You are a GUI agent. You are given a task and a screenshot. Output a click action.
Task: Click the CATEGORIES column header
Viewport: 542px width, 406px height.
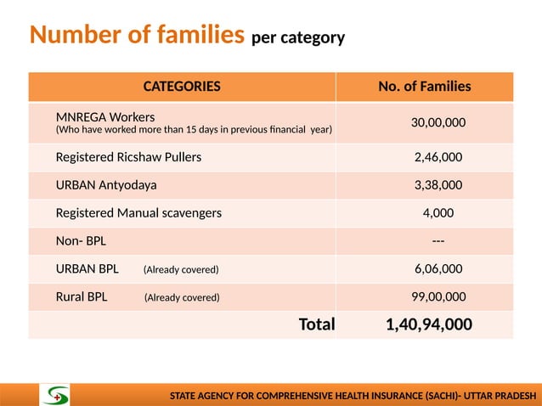click(182, 87)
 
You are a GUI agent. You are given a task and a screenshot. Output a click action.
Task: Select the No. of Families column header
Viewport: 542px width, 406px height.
click(425, 87)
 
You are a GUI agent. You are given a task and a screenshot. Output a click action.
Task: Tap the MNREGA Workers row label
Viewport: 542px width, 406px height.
click(105, 116)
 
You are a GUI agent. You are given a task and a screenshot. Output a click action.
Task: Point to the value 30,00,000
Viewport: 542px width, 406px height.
click(438, 123)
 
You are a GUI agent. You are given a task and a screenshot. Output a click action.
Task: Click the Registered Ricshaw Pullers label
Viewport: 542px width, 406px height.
click(128, 157)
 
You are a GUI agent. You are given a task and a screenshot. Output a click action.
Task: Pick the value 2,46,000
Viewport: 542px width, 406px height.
click(438, 157)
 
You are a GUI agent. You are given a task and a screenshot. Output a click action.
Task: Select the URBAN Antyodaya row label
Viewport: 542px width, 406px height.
click(106, 184)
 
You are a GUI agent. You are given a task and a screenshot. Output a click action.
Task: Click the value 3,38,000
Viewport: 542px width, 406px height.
click(438, 184)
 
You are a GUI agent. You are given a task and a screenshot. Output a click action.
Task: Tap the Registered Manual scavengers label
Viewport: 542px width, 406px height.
click(138, 213)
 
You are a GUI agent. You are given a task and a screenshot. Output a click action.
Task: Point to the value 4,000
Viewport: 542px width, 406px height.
click(438, 213)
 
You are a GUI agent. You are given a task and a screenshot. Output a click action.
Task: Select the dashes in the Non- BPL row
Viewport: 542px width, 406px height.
click(438, 241)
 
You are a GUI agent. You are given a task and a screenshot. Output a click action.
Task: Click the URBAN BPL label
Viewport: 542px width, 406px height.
click(88, 269)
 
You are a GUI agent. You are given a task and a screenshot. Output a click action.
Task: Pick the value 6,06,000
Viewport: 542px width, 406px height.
click(438, 269)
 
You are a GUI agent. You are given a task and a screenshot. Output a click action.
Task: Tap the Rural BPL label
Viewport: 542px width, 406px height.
click(82, 297)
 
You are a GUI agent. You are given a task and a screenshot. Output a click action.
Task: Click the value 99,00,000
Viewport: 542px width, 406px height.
click(438, 297)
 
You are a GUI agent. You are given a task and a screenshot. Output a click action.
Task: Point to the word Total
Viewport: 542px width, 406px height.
click(317, 324)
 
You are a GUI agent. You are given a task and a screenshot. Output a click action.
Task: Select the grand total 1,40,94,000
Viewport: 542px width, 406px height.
click(429, 324)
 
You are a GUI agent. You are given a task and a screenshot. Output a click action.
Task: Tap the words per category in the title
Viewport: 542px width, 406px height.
click(298, 38)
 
